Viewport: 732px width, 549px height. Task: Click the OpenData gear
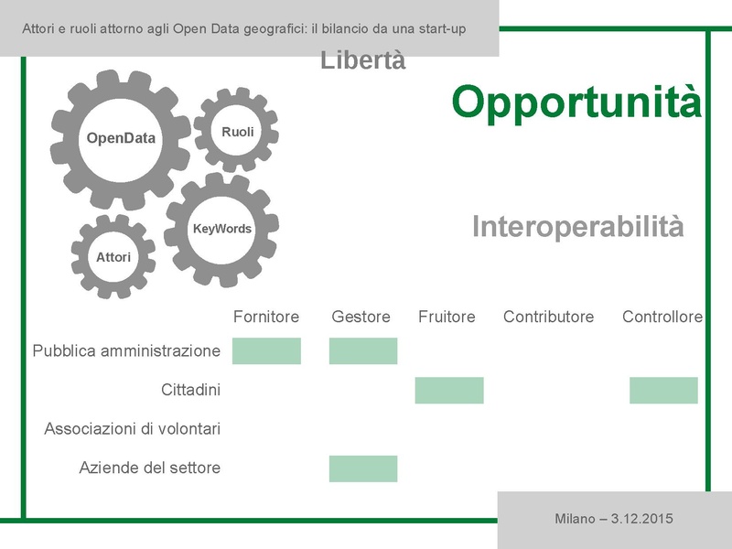121,138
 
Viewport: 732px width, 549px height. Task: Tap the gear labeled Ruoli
237,132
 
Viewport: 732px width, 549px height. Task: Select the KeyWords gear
221,229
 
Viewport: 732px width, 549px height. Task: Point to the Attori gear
113,257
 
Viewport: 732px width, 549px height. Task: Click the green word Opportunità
576,102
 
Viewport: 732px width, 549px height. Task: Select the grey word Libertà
363,61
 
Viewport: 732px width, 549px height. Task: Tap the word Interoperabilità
577,227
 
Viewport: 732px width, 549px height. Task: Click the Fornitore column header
266,317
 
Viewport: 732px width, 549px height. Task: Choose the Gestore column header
361,317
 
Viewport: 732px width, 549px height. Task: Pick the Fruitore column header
447,317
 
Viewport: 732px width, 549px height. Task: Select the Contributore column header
548,317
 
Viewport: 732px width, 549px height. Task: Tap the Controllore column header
662,317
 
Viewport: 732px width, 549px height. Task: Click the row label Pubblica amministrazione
126,350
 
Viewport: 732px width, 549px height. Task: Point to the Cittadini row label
190,390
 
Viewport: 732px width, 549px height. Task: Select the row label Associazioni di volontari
133,428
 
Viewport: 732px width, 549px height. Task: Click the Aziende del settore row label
150,468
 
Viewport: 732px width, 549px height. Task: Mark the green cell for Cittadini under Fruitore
449,390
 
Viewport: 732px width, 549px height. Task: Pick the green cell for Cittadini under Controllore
663,390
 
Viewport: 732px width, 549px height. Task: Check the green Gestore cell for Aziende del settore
363,468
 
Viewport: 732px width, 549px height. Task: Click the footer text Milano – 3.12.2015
614,519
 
